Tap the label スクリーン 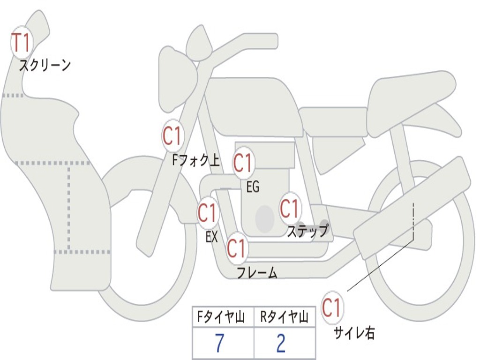(45, 65)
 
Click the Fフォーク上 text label (196, 161)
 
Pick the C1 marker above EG (243, 163)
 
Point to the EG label (253, 187)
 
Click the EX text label (212, 237)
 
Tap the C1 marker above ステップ (289, 208)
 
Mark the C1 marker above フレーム (237, 248)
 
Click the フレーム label (257, 272)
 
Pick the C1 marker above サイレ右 (332, 308)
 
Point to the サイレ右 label (354, 333)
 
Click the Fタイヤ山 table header (223, 318)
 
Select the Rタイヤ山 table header (284, 318)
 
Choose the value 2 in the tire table (281, 344)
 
